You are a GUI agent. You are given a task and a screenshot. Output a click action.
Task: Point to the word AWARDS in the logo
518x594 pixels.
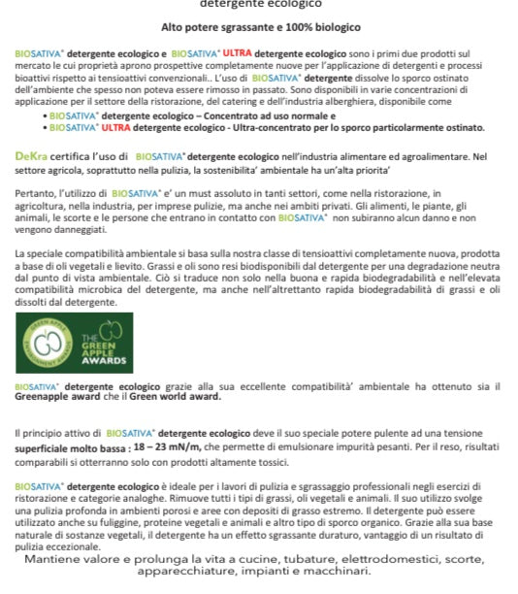coord(104,360)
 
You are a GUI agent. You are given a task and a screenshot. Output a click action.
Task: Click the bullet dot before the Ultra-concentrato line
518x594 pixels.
coord(44,127)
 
